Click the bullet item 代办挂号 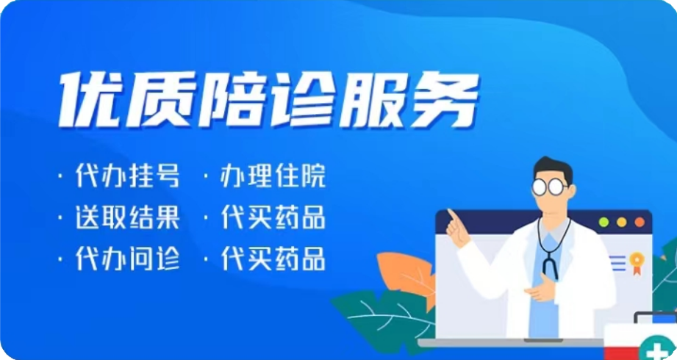[x=127, y=176]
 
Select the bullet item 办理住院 [x=273, y=176]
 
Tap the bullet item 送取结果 [x=127, y=217]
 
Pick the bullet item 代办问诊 [x=127, y=258]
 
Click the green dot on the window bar [x=603, y=223]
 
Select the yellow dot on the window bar [x=621, y=223]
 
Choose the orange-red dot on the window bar [x=639, y=223]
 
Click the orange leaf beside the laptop [x=408, y=276]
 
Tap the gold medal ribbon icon [x=637, y=263]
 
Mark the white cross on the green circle [x=658, y=350]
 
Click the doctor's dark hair [x=554, y=168]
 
